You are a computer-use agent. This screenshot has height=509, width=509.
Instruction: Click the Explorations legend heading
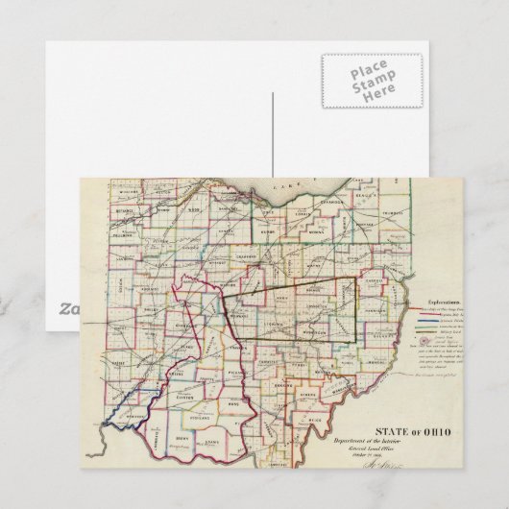(x=441, y=301)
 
